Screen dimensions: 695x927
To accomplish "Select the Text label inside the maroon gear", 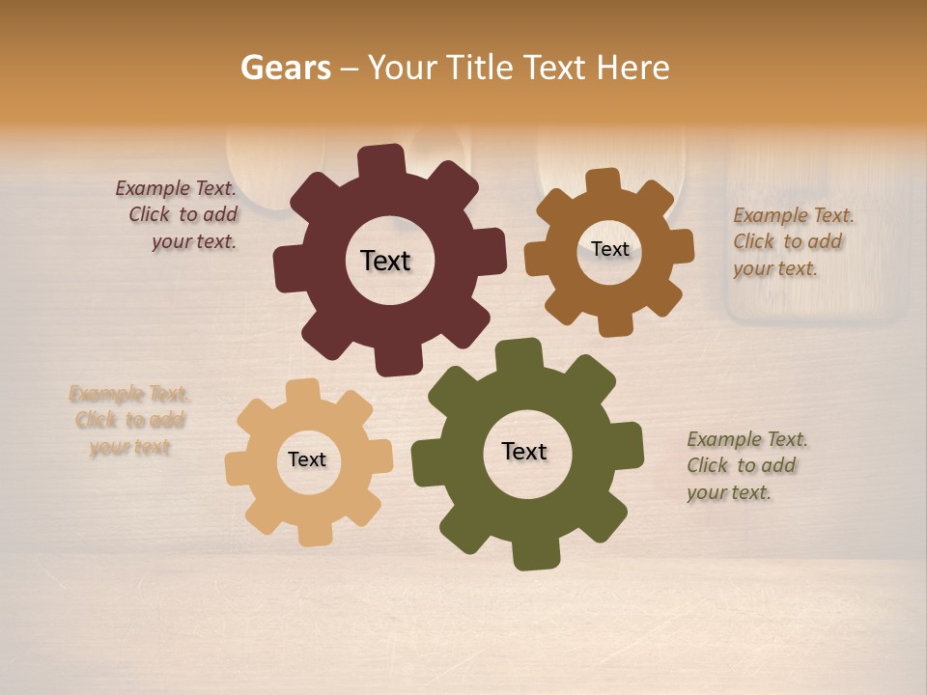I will pyautogui.click(x=385, y=261).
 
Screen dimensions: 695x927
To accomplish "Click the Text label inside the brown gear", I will pyautogui.click(x=609, y=249).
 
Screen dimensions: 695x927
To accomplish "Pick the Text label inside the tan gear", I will pyautogui.click(x=307, y=460).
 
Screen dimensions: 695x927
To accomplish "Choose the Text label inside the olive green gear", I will pyautogui.click(x=524, y=452).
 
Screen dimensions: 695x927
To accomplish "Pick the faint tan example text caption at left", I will pyautogui.click(x=129, y=420).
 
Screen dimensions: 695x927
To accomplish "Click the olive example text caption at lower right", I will pyautogui.click(x=746, y=465).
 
